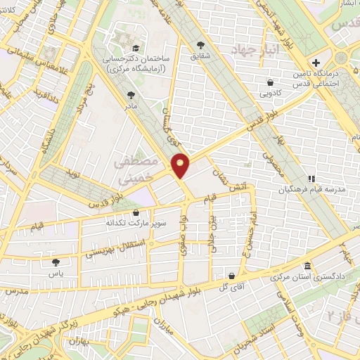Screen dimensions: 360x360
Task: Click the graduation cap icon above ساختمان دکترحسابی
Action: (x=135, y=48)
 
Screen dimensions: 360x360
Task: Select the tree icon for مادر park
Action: (x=131, y=94)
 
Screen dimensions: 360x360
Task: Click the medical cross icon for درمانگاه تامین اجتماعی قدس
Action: (x=316, y=63)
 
